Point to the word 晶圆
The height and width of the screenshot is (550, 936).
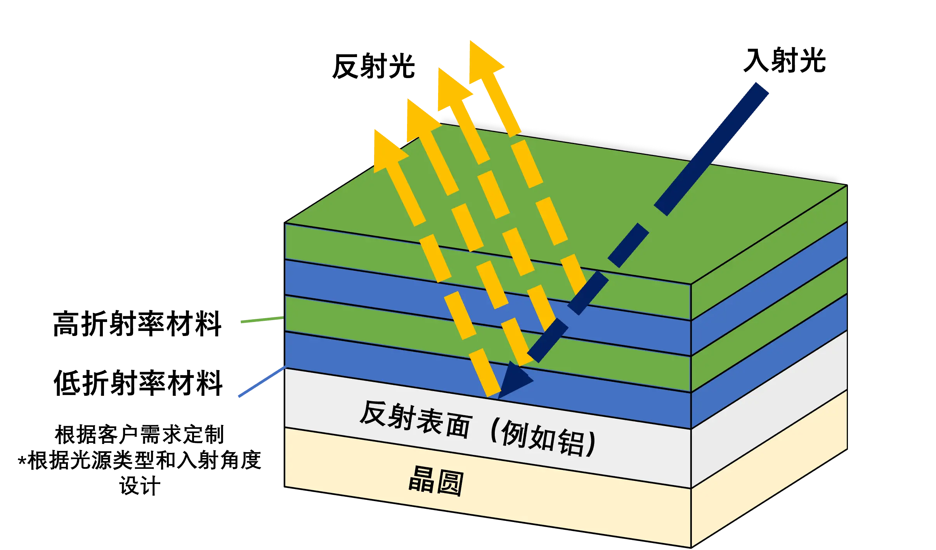point(436,481)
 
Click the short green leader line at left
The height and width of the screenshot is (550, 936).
point(261,320)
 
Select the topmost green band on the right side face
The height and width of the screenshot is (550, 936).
point(768,252)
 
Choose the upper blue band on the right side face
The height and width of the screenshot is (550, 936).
point(768,289)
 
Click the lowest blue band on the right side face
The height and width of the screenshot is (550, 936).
point(768,361)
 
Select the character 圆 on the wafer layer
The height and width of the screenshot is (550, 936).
point(450,483)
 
